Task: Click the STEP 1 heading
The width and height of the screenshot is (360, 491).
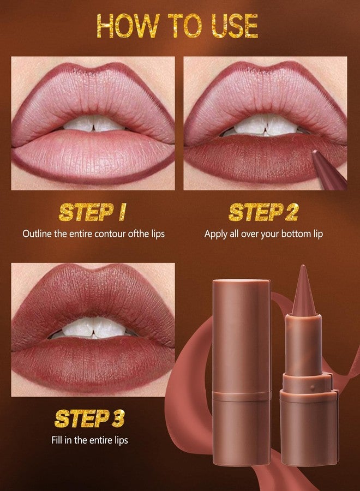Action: (x=92, y=212)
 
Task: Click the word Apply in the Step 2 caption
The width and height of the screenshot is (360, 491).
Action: (x=215, y=233)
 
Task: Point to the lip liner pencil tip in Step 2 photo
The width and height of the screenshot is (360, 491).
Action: (x=316, y=150)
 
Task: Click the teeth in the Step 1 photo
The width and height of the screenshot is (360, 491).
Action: (x=93, y=124)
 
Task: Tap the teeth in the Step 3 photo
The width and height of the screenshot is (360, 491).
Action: (x=93, y=327)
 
